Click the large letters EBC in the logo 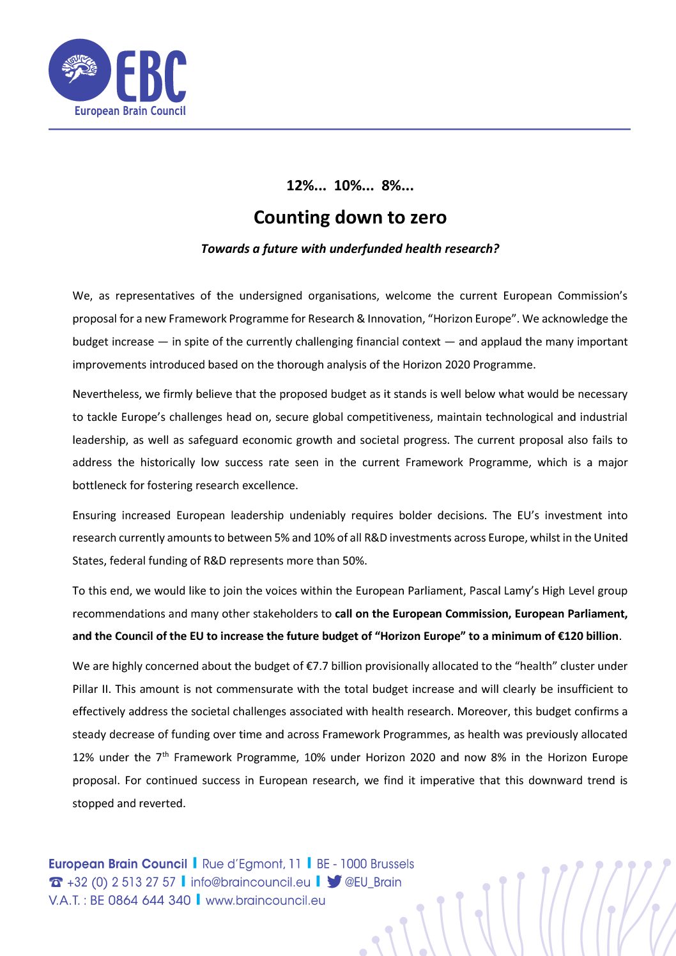(151, 76)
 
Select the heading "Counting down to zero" (350, 217)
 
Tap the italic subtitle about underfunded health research (350, 249)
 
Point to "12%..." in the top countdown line (306, 186)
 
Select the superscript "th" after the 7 (165, 754)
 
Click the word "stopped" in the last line (93, 803)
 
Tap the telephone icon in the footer (56, 883)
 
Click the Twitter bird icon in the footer (334, 882)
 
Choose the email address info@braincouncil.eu (250, 883)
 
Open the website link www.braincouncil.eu (265, 900)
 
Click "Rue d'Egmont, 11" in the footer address (251, 864)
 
